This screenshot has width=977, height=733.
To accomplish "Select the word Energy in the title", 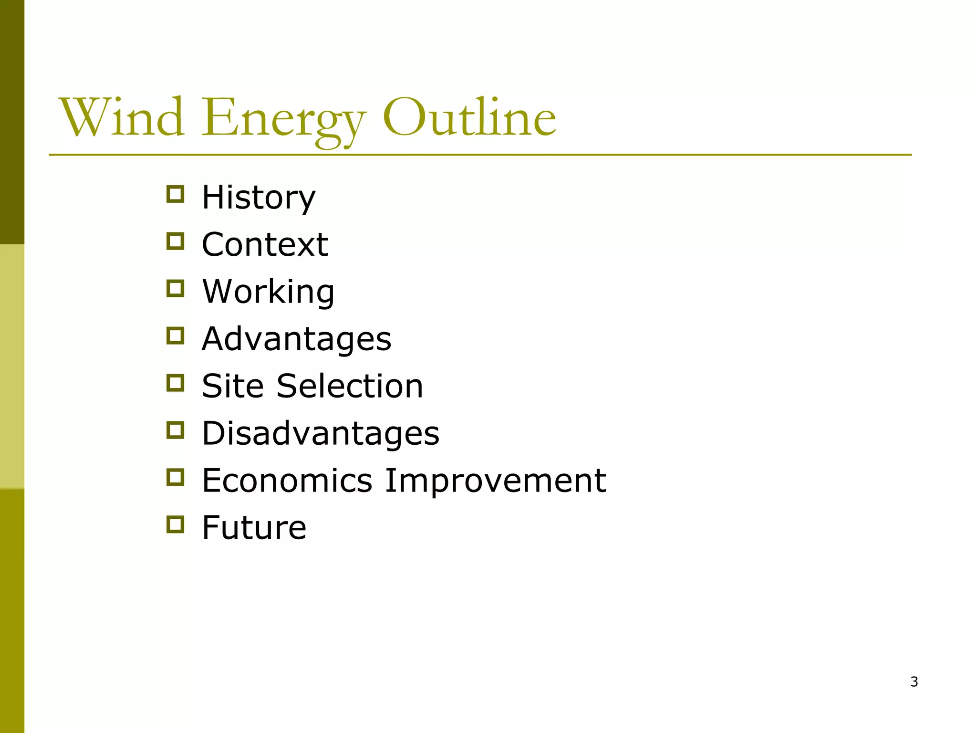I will [x=283, y=119].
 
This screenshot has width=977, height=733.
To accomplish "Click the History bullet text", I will [x=258, y=198].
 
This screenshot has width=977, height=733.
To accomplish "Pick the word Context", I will [x=265, y=244].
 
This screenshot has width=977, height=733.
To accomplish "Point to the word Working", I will [x=268, y=292].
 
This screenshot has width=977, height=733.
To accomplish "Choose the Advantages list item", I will [x=296, y=339].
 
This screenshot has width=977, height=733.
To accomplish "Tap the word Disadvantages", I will [x=320, y=433].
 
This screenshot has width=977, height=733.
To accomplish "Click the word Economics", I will [x=287, y=480].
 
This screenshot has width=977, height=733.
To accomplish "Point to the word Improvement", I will [x=495, y=480].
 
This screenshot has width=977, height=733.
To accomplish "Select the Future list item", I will [x=254, y=527].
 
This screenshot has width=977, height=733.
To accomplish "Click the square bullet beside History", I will [x=176, y=194].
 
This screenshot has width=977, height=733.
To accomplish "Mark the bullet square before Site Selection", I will [x=176, y=383].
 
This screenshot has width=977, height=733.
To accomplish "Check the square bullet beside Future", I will [x=176, y=524].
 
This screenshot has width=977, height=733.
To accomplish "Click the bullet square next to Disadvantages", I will [x=176, y=430].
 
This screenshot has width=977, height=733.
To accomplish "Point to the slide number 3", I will [x=914, y=682].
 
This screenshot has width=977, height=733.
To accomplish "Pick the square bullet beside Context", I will [x=176, y=241].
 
